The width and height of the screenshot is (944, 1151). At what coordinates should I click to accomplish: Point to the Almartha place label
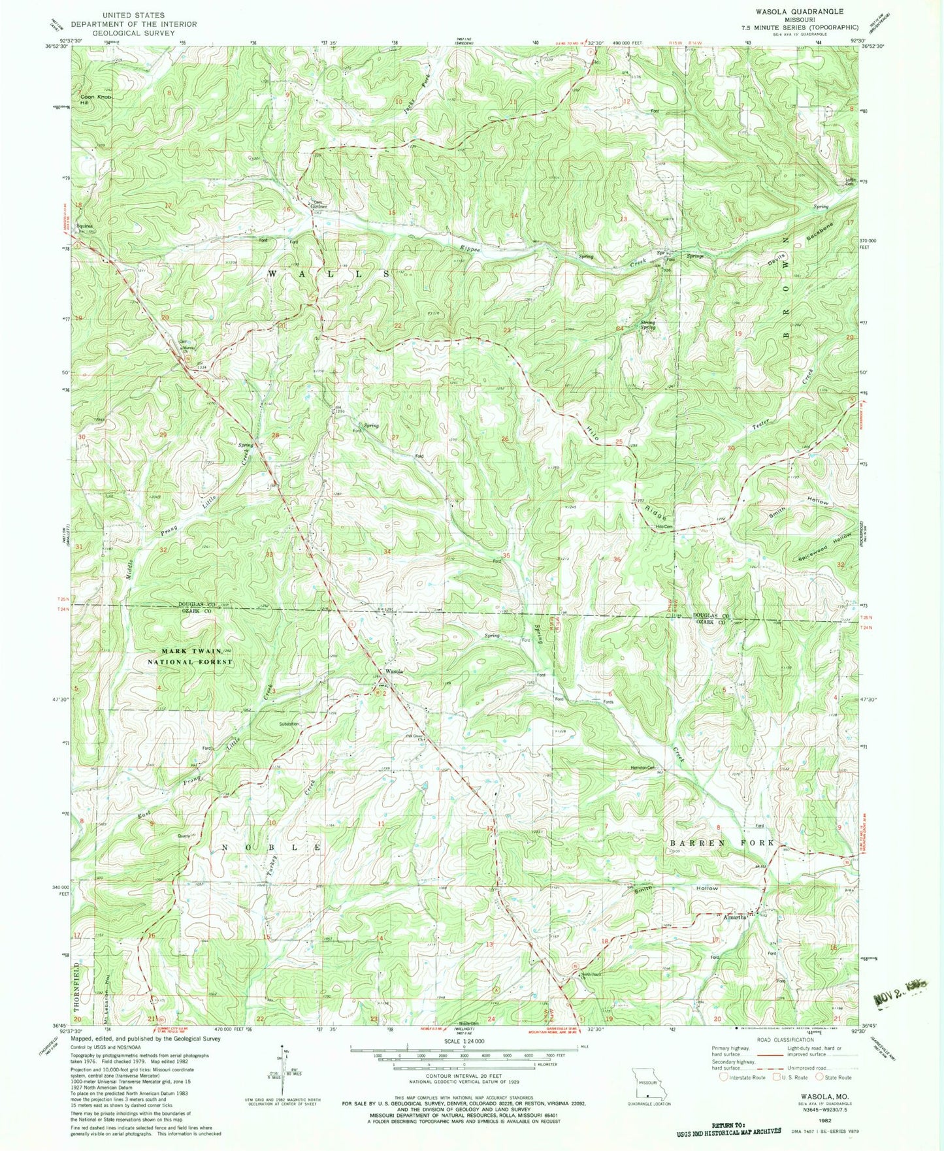pos(735,917)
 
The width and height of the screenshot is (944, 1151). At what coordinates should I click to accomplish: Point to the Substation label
pos(289,724)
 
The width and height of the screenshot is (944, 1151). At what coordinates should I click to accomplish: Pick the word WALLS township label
pos(329,274)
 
